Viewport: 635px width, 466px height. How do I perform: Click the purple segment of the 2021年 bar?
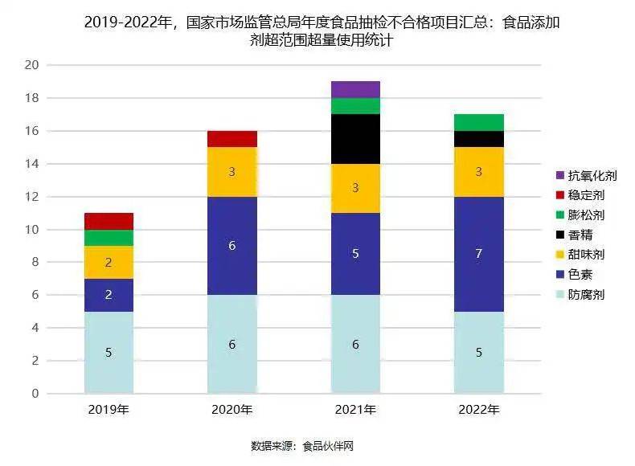coord(355,89)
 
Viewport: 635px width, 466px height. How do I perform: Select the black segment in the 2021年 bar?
coord(355,139)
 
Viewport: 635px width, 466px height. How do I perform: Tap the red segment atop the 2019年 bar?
coord(108,221)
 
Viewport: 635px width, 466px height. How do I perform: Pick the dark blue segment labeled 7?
coord(479,254)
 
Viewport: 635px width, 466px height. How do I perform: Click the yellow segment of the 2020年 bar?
coord(231,172)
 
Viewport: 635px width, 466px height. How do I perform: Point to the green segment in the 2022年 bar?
coord(479,122)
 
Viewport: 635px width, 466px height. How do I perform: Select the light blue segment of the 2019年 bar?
coord(108,352)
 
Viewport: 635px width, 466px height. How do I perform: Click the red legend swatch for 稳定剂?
coord(560,195)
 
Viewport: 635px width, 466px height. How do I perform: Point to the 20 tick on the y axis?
coord(32,65)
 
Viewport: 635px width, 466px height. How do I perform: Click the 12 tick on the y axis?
coord(32,197)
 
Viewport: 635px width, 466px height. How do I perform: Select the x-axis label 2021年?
coord(355,410)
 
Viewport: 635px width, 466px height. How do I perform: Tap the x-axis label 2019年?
coord(108,410)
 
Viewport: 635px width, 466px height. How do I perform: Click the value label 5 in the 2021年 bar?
coord(355,254)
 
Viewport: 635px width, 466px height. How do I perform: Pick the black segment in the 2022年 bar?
coord(479,139)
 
